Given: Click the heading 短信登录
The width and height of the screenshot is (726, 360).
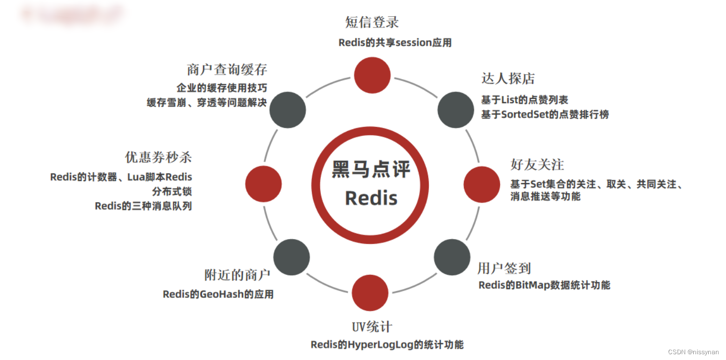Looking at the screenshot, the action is click(x=372, y=22).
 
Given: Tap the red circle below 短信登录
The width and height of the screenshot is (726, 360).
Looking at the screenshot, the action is click(x=372, y=75).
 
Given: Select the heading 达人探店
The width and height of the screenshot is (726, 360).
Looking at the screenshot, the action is click(x=508, y=79).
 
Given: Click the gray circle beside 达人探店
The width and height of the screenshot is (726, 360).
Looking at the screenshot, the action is click(x=455, y=110).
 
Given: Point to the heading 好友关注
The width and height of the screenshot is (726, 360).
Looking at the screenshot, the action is click(x=537, y=164).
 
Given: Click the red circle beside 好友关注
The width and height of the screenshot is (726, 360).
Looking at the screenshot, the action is click(x=482, y=184).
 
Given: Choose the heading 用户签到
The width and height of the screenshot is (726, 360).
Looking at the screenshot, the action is click(x=504, y=268).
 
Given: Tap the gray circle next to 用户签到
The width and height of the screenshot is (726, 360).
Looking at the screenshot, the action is click(x=452, y=257).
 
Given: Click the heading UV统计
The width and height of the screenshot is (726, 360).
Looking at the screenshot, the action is click(x=372, y=327).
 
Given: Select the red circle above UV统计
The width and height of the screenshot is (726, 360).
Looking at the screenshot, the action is click(x=370, y=293).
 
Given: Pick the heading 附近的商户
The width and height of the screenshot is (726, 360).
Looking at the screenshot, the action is click(x=238, y=275).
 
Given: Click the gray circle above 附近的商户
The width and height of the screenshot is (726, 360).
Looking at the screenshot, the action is click(x=291, y=257).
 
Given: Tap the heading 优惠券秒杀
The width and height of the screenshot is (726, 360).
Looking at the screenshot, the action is click(x=158, y=157).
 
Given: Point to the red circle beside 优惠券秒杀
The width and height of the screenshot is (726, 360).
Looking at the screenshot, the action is click(x=263, y=184).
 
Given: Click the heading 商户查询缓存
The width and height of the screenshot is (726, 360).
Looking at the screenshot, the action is click(x=227, y=70).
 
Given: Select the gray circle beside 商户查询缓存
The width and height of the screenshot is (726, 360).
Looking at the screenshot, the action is click(x=288, y=110).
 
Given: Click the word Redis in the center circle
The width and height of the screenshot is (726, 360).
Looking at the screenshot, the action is click(x=371, y=198).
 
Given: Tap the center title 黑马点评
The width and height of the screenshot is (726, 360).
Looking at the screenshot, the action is click(x=371, y=170).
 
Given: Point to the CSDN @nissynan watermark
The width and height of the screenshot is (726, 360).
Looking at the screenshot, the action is click(x=693, y=352).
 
